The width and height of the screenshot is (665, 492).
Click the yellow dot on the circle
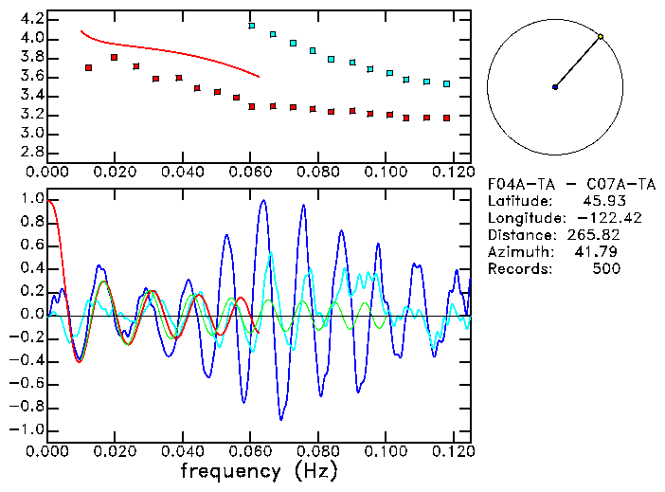[601, 37]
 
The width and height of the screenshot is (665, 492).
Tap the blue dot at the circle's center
[555, 87]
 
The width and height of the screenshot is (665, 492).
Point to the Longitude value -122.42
[597, 218]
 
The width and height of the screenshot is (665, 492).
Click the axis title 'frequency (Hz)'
[259, 470]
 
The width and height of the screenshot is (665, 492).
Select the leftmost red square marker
[88, 68]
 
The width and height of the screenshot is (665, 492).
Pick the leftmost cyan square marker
[252, 26]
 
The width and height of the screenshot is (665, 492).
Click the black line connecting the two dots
[578, 62]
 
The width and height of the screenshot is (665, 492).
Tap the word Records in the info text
[517, 269]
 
